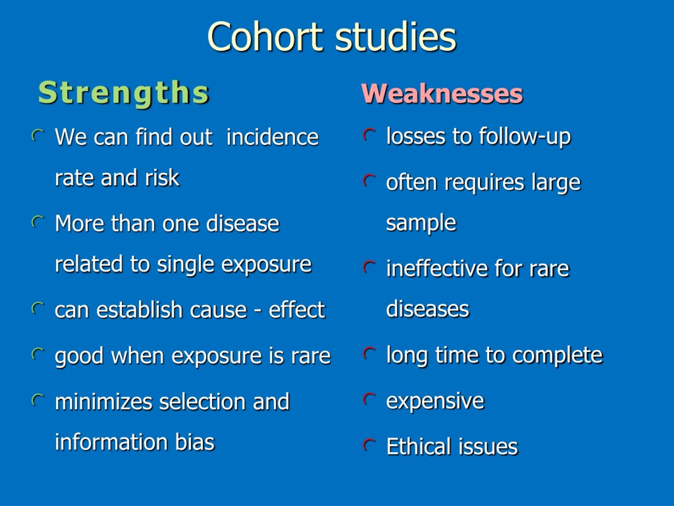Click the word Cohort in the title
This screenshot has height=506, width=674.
(265, 37)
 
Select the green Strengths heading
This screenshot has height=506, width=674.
(123, 93)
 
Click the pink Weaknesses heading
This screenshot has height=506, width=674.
(442, 94)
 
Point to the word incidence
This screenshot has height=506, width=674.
(272, 137)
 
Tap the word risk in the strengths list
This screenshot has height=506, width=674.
(162, 178)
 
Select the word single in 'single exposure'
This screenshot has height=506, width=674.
(186, 264)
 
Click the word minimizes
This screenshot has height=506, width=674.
(103, 402)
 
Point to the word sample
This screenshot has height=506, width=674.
(421, 223)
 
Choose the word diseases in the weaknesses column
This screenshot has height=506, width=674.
(428, 309)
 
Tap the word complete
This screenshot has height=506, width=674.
(557, 356)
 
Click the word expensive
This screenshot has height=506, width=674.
(435, 401)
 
